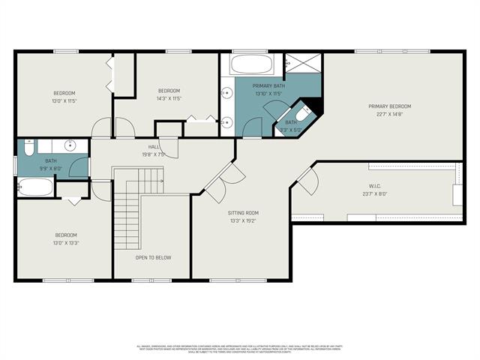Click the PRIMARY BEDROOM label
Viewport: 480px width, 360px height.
click(x=389, y=106)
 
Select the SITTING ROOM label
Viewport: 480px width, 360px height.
click(x=243, y=213)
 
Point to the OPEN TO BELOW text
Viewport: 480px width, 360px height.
click(x=153, y=257)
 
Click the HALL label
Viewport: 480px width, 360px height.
click(x=154, y=147)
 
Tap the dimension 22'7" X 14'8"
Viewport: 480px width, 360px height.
click(x=389, y=114)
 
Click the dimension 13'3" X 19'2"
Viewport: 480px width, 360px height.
click(x=243, y=220)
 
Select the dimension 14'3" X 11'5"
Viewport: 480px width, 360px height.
click(x=169, y=98)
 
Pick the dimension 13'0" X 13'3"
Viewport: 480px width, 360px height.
click(x=65, y=242)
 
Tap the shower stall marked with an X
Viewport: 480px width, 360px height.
click(x=304, y=63)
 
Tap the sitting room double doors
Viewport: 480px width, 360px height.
click(x=223, y=182)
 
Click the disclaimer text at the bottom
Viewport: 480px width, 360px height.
click(x=239, y=349)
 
